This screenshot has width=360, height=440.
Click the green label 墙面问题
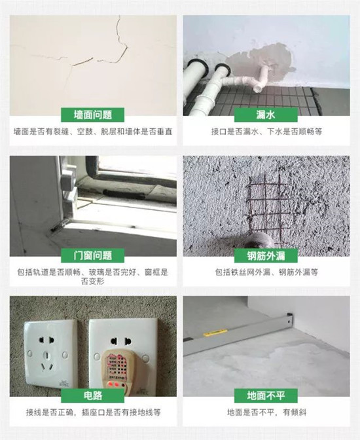[x=92, y=115]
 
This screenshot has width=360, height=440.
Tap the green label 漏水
[x=266, y=115]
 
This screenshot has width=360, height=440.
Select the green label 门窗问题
[x=92, y=255]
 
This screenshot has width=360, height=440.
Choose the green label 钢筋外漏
[x=266, y=255]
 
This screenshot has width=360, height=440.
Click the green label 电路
[x=92, y=395]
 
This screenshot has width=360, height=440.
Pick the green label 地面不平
[x=266, y=395]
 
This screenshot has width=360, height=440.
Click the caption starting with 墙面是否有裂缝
[x=93, y=132]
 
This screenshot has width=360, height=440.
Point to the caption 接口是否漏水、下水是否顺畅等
[x=266, y=132]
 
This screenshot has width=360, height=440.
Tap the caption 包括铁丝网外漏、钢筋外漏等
[x=266, y=272]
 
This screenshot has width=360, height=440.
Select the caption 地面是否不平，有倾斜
[x=266, y=412]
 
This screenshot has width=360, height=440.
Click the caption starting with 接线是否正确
[x=93, y=412]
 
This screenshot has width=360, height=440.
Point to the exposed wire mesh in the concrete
[x=266, y=206]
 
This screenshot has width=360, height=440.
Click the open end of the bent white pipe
[x=258, y=89]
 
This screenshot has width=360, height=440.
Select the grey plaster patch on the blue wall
[x=261, y=64]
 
